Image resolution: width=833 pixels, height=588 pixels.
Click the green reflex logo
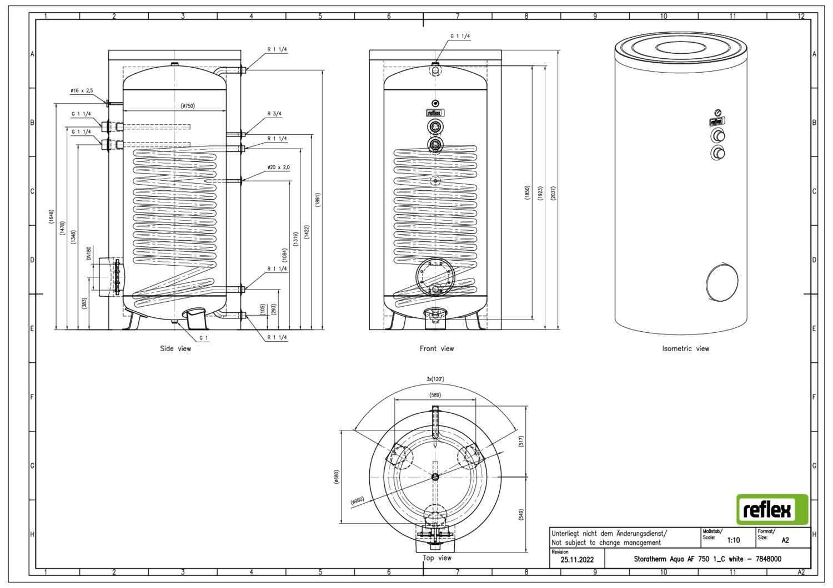(772, 509)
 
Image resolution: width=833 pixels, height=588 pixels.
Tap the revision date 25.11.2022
(577, 560)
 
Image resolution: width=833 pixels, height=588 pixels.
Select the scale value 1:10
(733, 540)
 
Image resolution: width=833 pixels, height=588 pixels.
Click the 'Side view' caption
(175, 348)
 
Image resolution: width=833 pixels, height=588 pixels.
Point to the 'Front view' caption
(436, 348)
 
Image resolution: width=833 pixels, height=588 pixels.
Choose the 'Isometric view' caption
(685, 348)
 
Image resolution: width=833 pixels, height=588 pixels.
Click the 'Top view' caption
(437, 557)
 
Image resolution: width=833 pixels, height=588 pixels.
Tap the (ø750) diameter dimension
(188, 106)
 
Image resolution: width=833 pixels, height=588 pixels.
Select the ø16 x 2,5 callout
(82, 90)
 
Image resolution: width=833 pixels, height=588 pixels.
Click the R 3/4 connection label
(274, 114)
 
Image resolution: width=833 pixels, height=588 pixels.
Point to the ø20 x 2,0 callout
(278, 167)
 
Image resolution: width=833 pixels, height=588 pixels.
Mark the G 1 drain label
(204, 337)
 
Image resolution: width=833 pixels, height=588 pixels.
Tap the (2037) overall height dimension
(553, 193)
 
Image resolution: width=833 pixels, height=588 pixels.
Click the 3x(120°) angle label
(435, 379)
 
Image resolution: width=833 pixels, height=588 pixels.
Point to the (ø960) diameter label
(357, 501)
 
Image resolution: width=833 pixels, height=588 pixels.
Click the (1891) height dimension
(318, 200)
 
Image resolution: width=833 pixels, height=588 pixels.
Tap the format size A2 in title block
(785, 540)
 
